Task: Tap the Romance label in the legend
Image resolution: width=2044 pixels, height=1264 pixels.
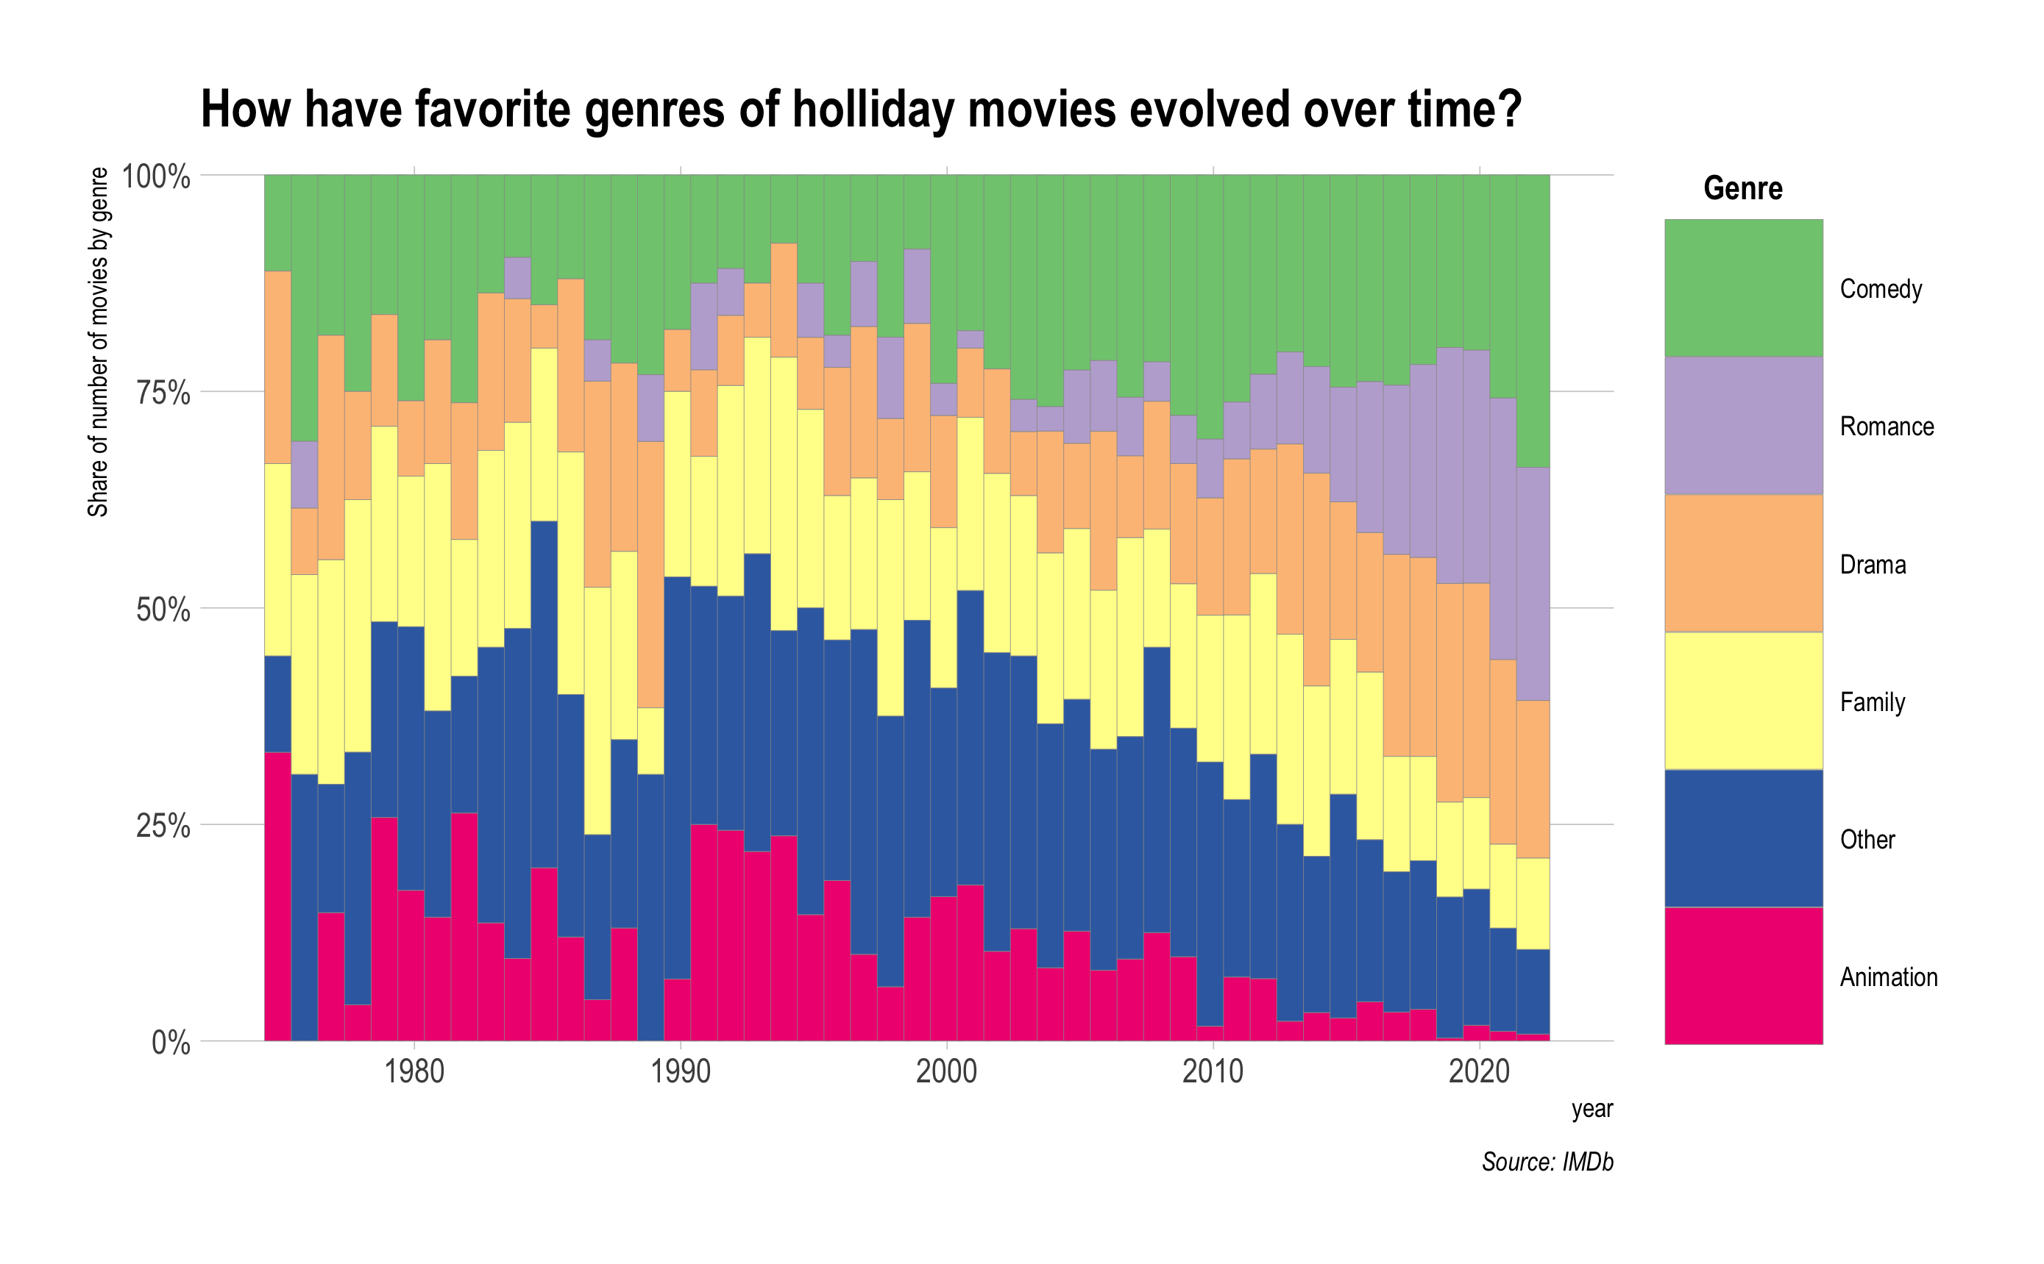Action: tap(1886, 426)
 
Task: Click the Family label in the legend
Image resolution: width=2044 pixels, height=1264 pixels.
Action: tap(1872, 701)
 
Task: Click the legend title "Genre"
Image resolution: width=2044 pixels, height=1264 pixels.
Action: tap(1742, 188)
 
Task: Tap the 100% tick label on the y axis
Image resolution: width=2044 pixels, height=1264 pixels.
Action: tap(157, 176)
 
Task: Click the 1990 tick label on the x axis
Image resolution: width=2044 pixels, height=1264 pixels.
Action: tap(680, 1071)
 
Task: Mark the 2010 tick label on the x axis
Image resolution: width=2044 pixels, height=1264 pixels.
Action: tap(1212, 1071)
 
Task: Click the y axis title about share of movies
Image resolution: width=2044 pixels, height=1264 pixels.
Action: tap(98, 342)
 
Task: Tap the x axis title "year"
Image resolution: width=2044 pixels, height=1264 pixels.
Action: tap(1591, 1109)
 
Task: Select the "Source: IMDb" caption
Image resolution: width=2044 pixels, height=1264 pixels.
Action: tap(1547, 1161)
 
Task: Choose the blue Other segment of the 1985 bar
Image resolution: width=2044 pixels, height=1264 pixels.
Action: tap(544, 694)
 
